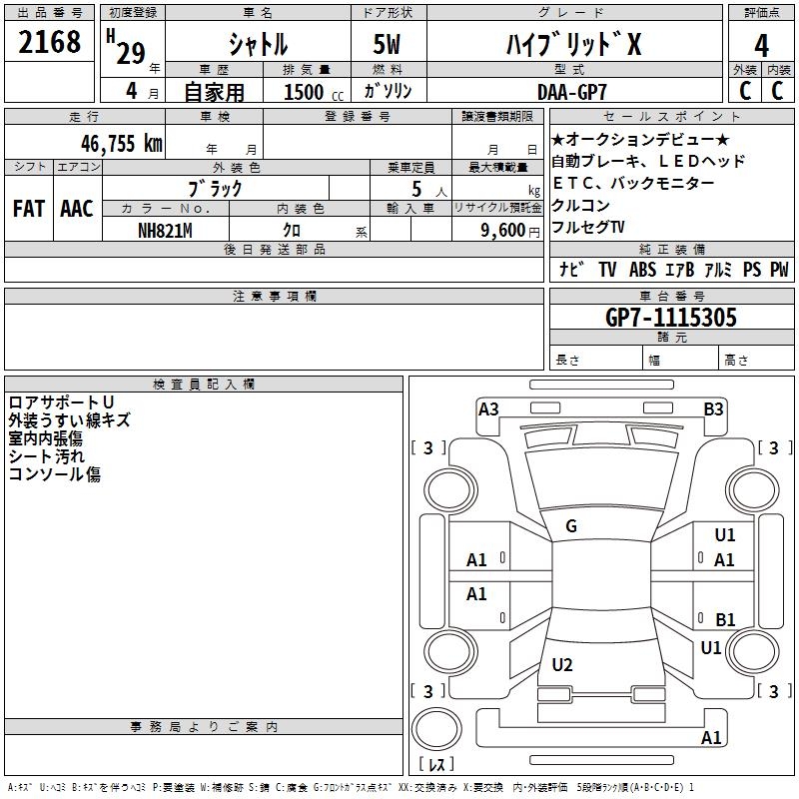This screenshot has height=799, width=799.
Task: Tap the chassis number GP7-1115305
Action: pyautogui.click(x=671, y=318)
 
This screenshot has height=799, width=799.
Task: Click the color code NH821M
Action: pyautogui.click(x=164, y=229)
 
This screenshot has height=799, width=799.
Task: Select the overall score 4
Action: pyautogui.click(x=761, y=46)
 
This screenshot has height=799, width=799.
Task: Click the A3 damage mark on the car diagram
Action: pyautogui.click(x=488, y=408)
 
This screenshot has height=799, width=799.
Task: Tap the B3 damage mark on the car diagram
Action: pyautogui.click(x=713, y=408)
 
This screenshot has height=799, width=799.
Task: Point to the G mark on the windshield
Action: pyautogui.click(x=571, y=526)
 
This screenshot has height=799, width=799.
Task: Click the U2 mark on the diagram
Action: pyautogui.click(x=562, y=665)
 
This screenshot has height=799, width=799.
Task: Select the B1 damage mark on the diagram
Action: pyautogui.click(x=725, y=619)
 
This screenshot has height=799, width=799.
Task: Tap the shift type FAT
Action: pyautogui.click(x=28, y=209)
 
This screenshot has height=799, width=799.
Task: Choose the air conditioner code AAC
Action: pyautogui.click(x=76, y=209)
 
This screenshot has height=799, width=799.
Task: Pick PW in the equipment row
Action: pyautogui.click(x=778, y=270)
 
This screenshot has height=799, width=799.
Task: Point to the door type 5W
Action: pyautogui.click(x=389, y=45)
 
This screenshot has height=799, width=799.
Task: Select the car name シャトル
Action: pyautogui.click(x=258, y=45)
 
